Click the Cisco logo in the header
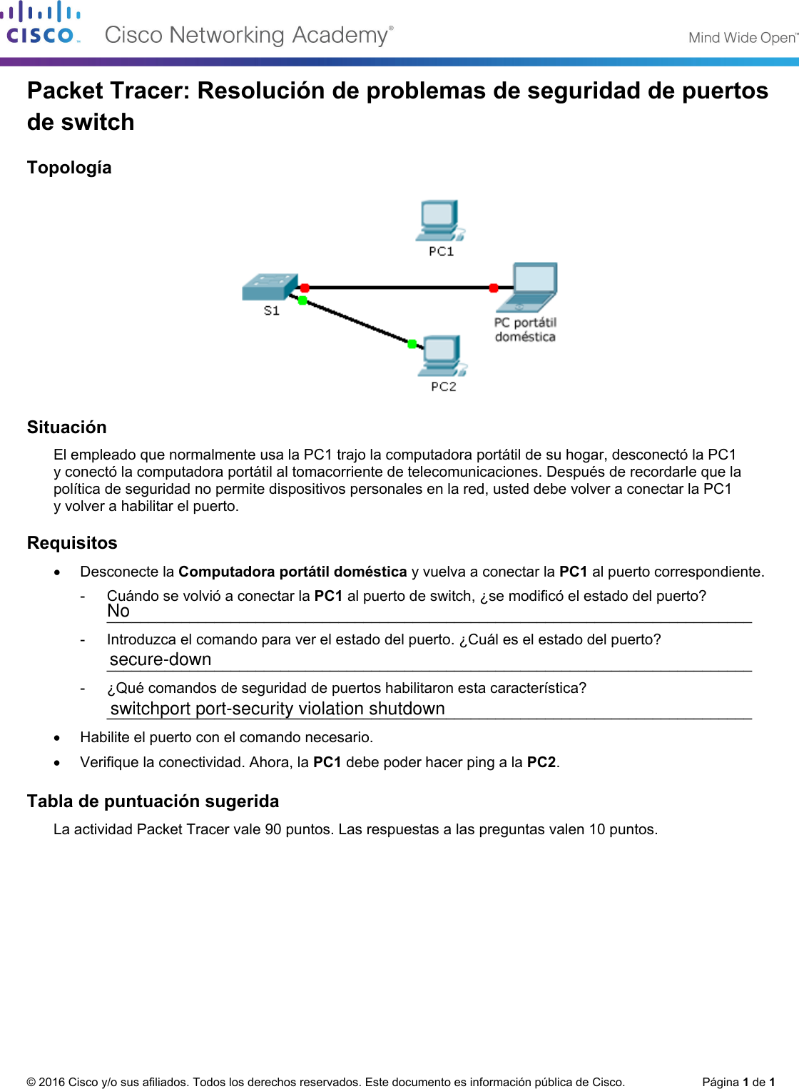click(41, 24)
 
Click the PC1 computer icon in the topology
click(439, 221)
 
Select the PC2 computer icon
click(442, 355)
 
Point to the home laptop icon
click(534, 287)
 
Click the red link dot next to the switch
click(305, 288)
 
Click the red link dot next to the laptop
click(494, 288)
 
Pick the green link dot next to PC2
click(412, 344)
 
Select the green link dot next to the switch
click(302, 300)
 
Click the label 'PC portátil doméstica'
click(525, 330)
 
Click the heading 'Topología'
click(69, 168)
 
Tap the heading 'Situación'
click(67, 427)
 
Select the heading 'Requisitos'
click(72, 543)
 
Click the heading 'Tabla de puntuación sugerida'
click(153, 801)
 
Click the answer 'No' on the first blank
click(118, 611)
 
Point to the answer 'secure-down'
click(161, 659)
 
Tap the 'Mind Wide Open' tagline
click(742, 38)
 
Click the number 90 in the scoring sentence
click(273, 829)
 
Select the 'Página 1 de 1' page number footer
click(738, 1082)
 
